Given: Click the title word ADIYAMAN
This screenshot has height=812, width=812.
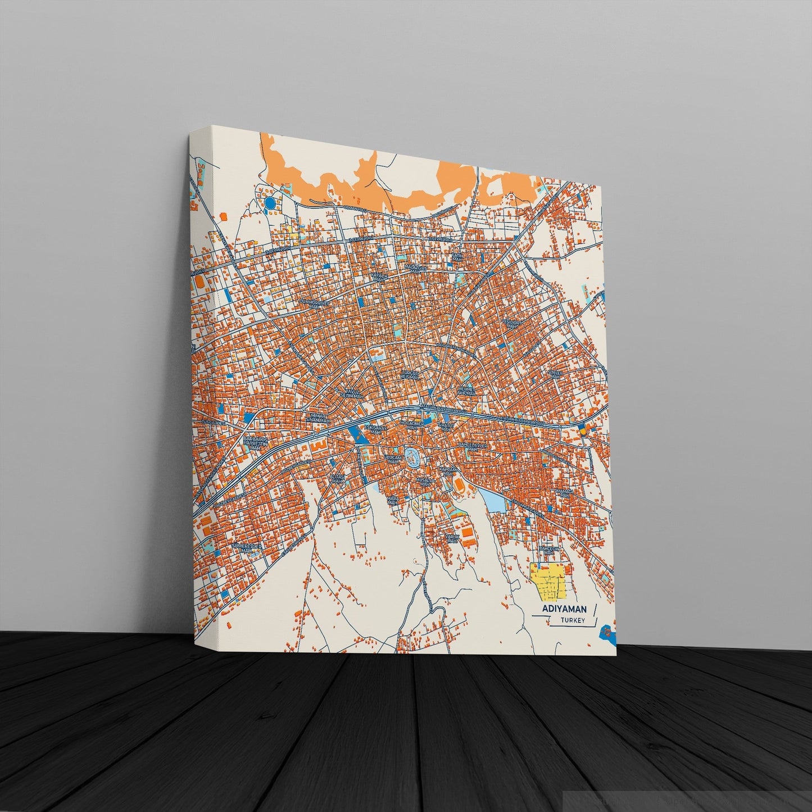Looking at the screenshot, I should point(564,609).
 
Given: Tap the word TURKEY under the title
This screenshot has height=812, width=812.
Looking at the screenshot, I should point(573,620).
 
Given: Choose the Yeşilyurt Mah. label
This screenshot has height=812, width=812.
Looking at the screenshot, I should point(512,324).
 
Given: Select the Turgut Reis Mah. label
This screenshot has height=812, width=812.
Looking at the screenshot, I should point(410,374).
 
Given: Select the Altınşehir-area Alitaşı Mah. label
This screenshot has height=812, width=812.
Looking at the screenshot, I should point(337,479).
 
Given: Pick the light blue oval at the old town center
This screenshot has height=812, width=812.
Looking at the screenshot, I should point(412,457).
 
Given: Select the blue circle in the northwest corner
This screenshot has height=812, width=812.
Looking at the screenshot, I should point(270,202).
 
